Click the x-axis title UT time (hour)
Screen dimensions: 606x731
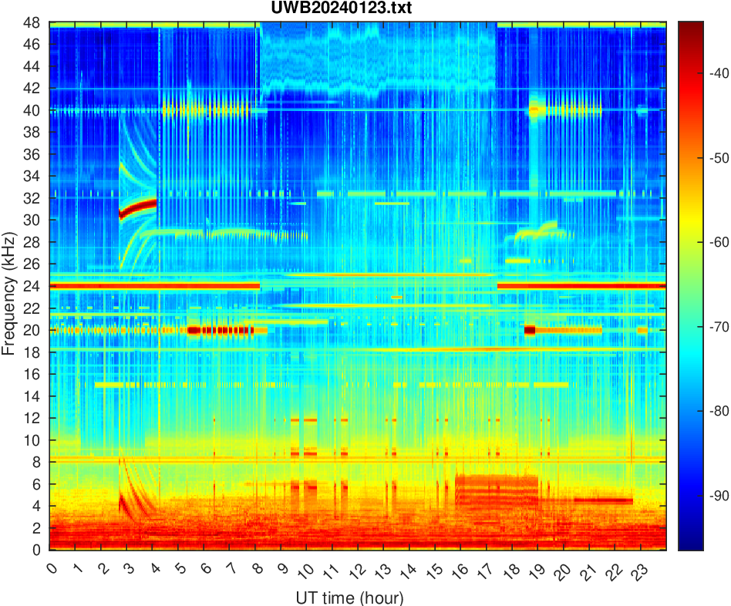coord(349,598)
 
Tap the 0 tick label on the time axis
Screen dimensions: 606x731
coord(51,568)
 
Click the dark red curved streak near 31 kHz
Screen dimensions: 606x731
coord(139,207)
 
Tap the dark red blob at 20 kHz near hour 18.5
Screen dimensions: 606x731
coord(530,330)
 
